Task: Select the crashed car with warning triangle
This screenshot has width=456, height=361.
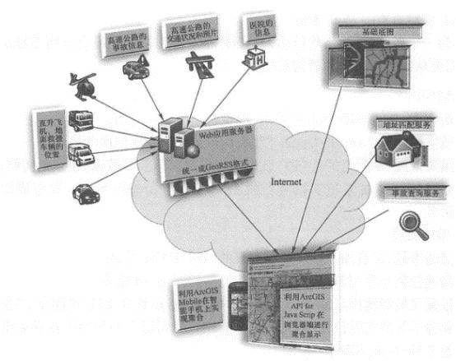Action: point(136,70)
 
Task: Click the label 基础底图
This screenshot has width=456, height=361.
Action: point(371,32)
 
